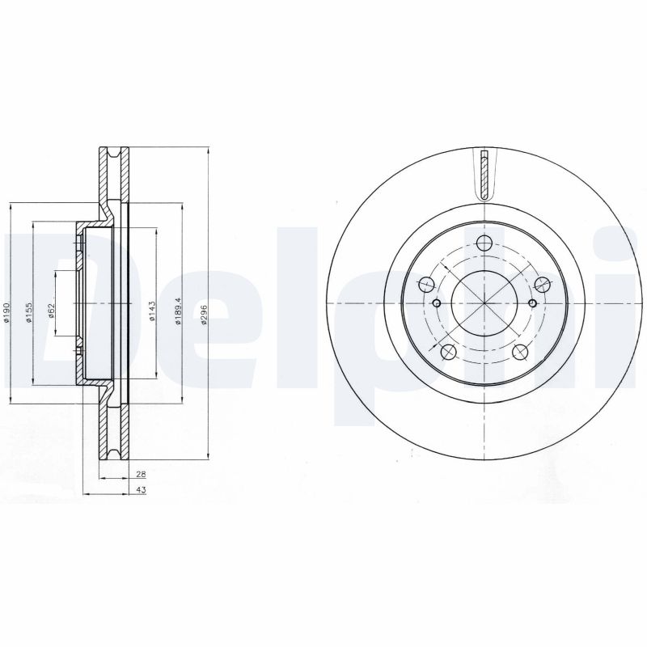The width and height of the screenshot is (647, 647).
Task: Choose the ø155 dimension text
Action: (x=28, y=312)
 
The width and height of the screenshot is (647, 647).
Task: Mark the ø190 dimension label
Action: (x=6, y=313)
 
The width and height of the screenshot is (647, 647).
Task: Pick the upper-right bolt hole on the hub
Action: (x=542, y=284)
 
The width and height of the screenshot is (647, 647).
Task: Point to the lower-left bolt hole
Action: (x=447, y=351)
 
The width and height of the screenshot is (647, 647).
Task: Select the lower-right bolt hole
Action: (x=520, y=351)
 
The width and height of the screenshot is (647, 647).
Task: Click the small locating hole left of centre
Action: (x=437, y=303)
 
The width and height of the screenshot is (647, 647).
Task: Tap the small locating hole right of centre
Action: (x=531, y=303)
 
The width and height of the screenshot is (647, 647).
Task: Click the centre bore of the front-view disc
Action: (x=484, y=302)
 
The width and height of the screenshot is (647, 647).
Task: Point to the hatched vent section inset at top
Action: (x=484, y=174)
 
